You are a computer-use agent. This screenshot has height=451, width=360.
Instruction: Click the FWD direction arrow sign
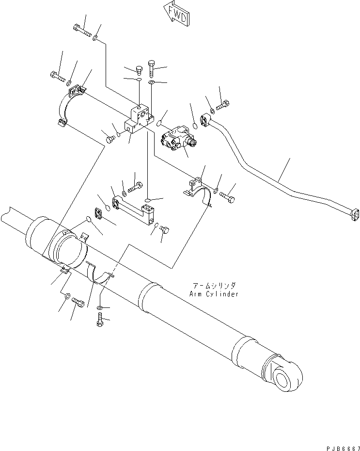pyautogui.click(x=176, y=14)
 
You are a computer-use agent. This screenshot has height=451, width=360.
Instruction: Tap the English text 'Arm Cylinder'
pyautogui.click(x=215, y=294)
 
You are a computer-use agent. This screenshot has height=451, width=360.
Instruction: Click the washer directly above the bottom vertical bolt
pyautogui.click(x=99, y=308)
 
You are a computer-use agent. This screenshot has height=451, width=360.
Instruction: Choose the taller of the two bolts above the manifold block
pyautogui.click(x=151, y=68)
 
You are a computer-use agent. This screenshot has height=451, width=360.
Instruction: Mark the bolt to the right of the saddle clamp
pyautogui.click(x=227, y=196)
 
